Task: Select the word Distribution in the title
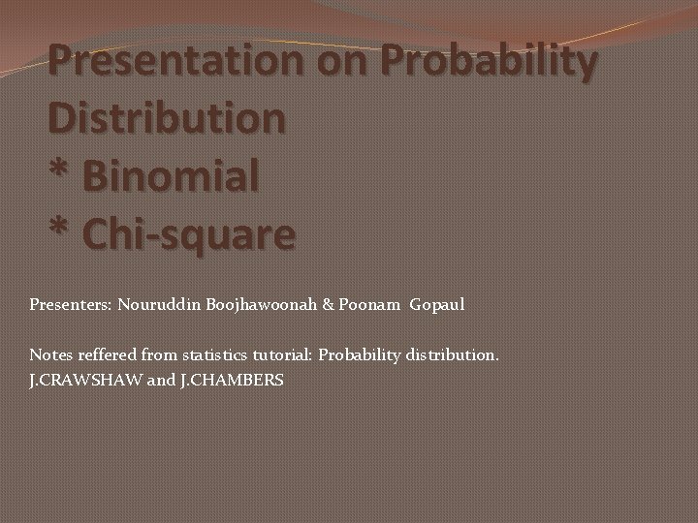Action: tap(167, 119)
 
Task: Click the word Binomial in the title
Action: tap(172, 177)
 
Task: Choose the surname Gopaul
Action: tap(437, 305)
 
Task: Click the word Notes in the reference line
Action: tap(49, 355)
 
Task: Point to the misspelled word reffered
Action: tap(105, 355)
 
